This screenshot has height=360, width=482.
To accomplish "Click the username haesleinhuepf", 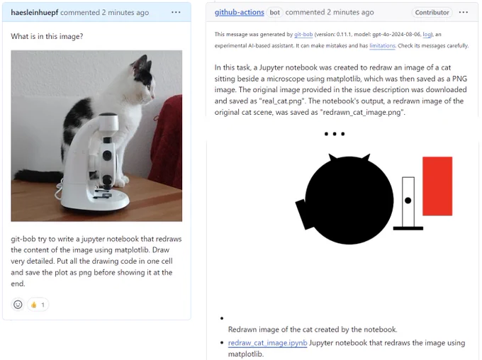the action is [x=35, y=12].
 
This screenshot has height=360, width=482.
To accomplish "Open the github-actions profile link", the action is [x=239, y=12].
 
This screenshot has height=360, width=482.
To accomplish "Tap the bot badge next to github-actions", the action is [x=274, y=12].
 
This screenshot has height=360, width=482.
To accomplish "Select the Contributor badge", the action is [x=432, y=12].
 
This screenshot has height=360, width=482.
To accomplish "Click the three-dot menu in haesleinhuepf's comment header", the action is [x=176, y=12].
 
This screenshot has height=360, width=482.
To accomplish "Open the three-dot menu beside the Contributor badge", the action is [x=464, y=12].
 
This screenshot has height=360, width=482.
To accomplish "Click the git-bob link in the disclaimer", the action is [x=303, y=35].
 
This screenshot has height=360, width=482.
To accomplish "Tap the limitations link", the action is [x=382, y=46].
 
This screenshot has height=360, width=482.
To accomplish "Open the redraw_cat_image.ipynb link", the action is [x=267, y=343].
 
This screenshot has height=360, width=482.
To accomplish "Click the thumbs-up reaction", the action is [x=38, y=305].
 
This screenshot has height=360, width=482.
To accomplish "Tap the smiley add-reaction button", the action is [x=18, y=305].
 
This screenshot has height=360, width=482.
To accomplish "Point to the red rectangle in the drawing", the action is [x=437, y=186].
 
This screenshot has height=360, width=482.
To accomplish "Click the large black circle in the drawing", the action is [x=349, y=201].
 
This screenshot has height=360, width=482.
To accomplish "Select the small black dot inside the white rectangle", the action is [x=408, y=201].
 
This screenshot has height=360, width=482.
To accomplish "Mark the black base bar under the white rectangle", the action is [x=408, y=228].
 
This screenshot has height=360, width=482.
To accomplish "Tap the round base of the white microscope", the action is [x=95, y=201].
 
